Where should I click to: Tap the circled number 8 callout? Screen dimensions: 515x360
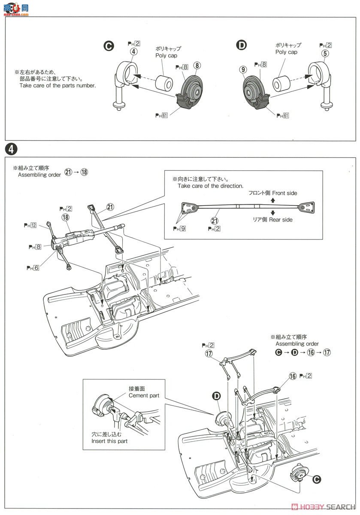(197, 66)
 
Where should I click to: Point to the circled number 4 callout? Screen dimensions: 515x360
(134, 52)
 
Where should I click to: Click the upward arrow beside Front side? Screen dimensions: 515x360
(273, 200)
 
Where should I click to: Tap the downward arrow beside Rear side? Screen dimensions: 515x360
(273, 212)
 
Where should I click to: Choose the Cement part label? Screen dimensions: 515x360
(144, 395)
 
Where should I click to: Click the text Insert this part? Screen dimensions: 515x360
(109, 441)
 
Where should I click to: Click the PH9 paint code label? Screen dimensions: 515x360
(179, 229)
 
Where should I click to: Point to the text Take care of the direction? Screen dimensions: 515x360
(210, 186)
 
